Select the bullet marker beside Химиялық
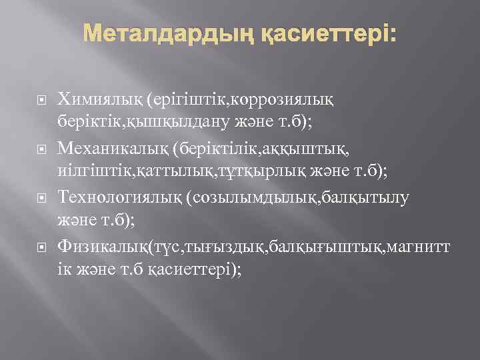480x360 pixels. click(41, 100)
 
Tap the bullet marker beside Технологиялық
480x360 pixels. click(41, 198)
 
